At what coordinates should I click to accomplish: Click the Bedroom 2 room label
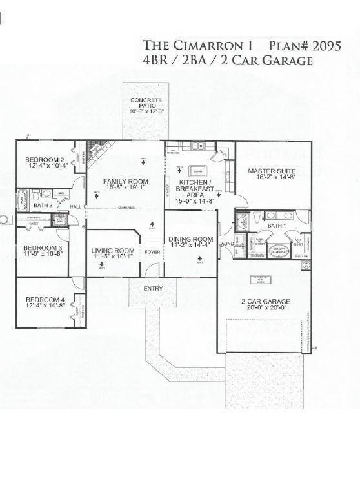45,160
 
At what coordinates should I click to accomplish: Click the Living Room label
113,251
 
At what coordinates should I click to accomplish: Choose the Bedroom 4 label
45,300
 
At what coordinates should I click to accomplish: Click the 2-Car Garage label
266,302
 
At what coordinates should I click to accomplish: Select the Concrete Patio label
146,104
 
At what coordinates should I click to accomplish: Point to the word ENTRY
153,288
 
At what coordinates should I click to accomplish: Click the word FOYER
152,251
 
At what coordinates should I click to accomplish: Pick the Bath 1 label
275,226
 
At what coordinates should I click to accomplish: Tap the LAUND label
226,244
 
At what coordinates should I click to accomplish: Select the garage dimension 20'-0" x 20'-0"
266,308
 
